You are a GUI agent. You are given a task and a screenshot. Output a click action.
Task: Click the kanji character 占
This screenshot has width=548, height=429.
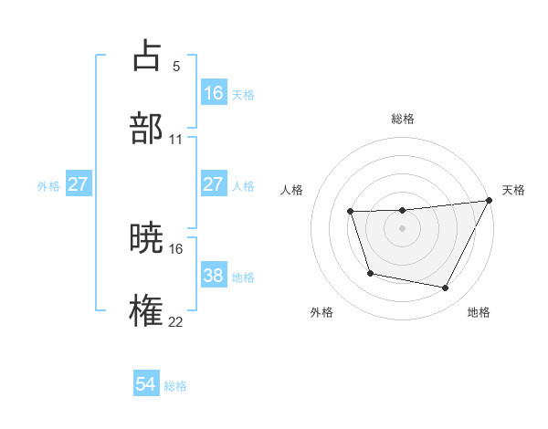pos(146,55)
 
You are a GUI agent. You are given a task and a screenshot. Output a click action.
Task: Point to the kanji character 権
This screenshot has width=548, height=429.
pos(146,310)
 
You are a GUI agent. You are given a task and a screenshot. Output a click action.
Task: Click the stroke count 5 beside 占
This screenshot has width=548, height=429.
pos(176,67)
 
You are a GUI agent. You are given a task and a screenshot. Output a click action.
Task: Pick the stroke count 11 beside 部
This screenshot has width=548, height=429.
pos(176,140)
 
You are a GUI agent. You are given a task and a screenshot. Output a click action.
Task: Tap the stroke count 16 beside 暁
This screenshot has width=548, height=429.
pos(176,248)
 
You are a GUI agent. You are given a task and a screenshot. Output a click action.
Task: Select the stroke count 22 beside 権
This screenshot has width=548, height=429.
pos(176,321)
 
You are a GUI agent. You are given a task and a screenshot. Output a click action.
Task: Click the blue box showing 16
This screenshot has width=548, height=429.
pos(214,93)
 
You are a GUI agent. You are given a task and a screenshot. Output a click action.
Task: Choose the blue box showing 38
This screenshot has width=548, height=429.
pos(214,276)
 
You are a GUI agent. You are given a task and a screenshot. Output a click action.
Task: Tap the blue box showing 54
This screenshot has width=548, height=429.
pos(146,384)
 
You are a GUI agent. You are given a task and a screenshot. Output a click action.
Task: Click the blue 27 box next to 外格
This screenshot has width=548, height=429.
pos(79,184)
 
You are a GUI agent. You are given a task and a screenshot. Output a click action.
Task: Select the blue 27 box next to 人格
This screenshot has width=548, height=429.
pos(214,184)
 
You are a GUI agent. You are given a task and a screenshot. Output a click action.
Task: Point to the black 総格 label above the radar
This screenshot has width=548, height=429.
pos(403,119)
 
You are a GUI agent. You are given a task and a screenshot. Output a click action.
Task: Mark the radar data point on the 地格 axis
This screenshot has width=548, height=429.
pos(446,288)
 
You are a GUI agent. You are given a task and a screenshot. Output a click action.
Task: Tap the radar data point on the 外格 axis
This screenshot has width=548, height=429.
pos(370,273)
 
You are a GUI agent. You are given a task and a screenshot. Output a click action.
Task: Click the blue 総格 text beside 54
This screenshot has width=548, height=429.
pos(175,386)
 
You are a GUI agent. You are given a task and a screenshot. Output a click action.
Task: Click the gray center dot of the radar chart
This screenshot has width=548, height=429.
pos(403,229)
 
